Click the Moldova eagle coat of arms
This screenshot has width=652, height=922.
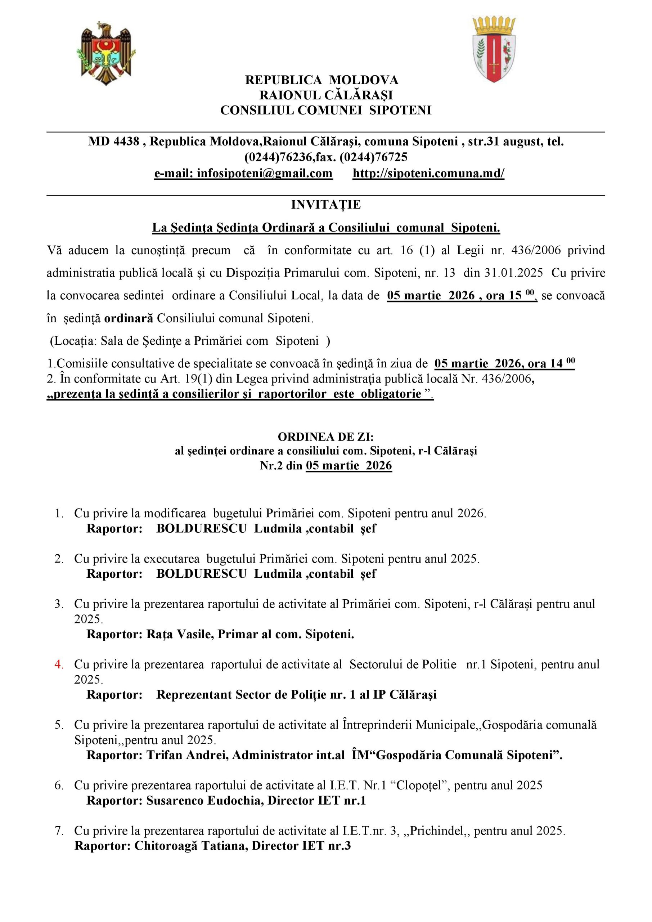[x=106, y=54]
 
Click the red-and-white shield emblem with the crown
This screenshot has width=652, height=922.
[x=494, y=49]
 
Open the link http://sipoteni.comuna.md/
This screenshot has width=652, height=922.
[x=428, y=173]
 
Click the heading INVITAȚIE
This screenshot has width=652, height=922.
[x=325, y=205]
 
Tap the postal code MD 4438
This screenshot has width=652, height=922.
[x=114, y=141]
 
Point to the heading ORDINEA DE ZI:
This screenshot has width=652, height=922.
[x=325, y=437]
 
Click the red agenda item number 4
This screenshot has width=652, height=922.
[x=59, y=664]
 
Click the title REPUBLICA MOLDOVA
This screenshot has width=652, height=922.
[x=321, y=80]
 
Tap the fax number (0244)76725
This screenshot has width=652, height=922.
[x=373, y=157]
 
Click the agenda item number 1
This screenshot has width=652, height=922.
[x=59, y=513]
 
